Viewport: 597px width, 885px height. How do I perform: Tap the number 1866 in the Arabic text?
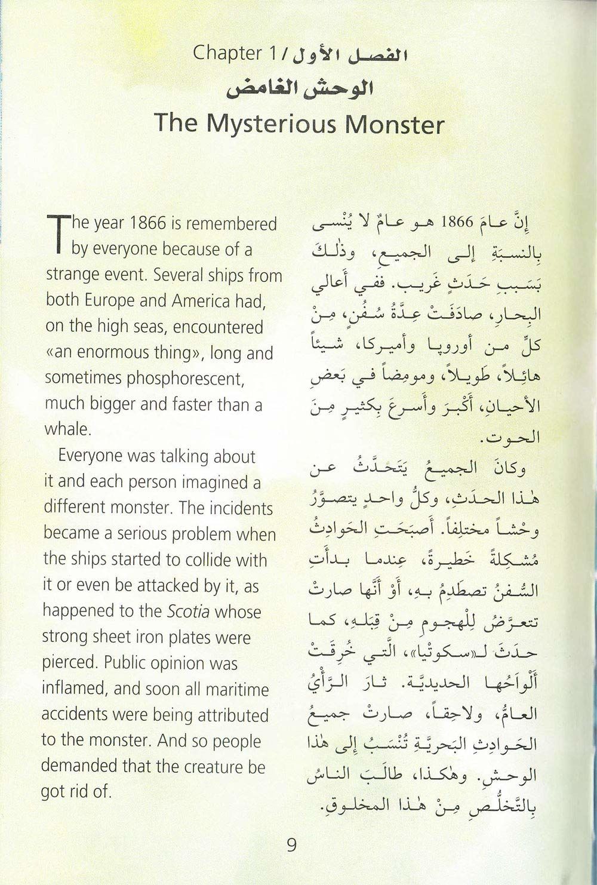(457, 222)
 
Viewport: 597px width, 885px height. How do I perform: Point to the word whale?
(67, 429)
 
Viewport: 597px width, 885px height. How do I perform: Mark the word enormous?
(112, 353)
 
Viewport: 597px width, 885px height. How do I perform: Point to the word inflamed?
(74, 690)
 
